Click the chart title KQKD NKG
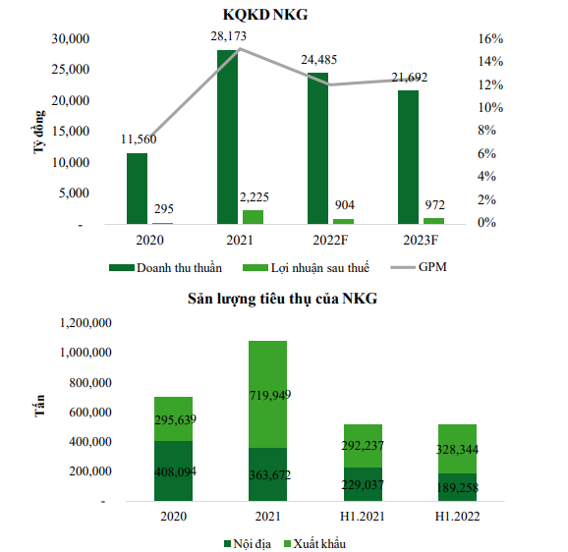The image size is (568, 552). tap(265, 15)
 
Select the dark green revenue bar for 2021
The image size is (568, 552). tap(227, 137)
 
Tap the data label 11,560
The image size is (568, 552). tap(139, 139)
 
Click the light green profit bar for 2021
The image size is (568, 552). tap(253, 217)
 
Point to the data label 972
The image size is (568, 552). tap(434, 205)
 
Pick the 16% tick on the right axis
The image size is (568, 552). tap(490, 38)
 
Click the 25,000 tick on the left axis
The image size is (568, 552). tap(71, 69)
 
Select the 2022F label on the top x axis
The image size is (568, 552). tap(330, 240)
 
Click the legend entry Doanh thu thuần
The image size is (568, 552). tap(165, 268)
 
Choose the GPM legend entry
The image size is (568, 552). tap(419, 267)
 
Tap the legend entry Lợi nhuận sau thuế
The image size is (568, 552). tap(306, 268)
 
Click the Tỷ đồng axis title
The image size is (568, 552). tap(39, 133)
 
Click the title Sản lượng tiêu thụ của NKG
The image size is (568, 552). tap(283, 299)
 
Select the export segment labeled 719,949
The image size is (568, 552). tap(267, 394)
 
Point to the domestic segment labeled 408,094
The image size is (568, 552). tap(174, 470)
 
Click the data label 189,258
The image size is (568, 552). tap(457, 488)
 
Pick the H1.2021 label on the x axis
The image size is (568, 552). tap(363, 517)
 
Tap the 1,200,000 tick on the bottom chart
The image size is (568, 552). tap(85, 323)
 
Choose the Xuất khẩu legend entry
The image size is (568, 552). tap(315, 544)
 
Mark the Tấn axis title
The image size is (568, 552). tap(40, 406)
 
